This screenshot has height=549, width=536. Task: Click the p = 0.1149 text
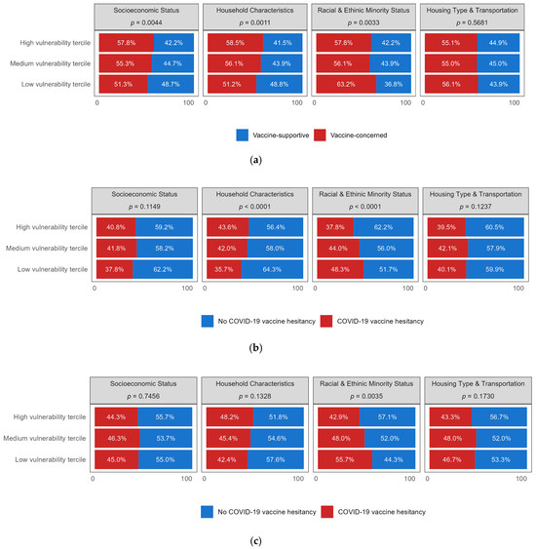tap(141, 212)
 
